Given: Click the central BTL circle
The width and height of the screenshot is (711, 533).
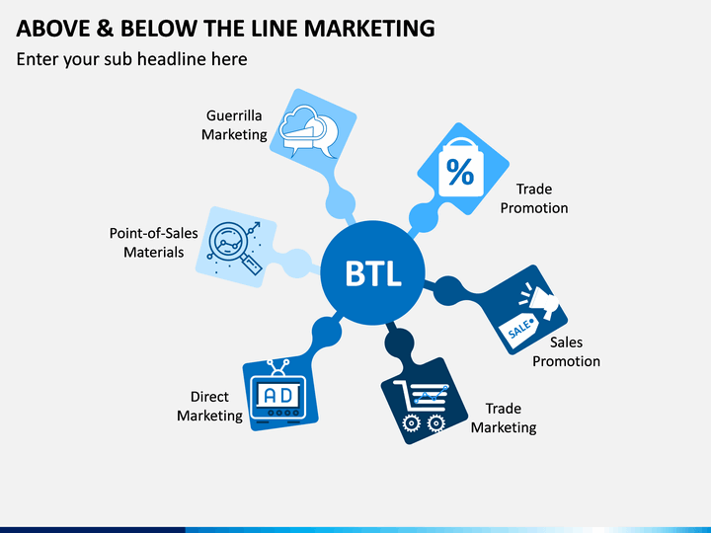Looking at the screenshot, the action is [372, 272].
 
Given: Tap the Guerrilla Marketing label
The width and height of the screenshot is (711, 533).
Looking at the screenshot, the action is [234, 125].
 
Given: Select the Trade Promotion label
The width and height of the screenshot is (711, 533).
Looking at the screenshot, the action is [534, 198].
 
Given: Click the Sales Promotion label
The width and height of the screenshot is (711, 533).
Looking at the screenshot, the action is [566, 351].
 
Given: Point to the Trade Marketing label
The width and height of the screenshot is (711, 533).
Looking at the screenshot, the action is [504, 418].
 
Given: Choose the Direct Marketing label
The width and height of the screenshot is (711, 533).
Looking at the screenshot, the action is [209, 406].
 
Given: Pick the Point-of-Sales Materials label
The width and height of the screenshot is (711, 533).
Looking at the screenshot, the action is [154, 243].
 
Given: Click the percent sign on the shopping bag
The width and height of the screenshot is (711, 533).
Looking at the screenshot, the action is [460, 172].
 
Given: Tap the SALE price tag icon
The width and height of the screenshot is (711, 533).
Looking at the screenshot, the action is [518, 330].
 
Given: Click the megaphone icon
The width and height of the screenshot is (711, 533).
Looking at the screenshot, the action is [540, 301].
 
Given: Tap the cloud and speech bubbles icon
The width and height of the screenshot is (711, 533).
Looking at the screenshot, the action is [308, 131].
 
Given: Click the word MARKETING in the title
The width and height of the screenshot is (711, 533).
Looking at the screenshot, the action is [370, 28].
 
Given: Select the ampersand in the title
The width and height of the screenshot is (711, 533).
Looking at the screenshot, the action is [105, 28].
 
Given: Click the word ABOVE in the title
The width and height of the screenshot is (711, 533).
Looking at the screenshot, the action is [53, 28].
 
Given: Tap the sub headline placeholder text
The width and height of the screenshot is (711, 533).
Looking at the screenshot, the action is [132, 59].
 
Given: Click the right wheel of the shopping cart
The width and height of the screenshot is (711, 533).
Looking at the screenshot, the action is [436, 422].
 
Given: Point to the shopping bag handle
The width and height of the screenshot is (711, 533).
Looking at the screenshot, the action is [461, 143].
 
